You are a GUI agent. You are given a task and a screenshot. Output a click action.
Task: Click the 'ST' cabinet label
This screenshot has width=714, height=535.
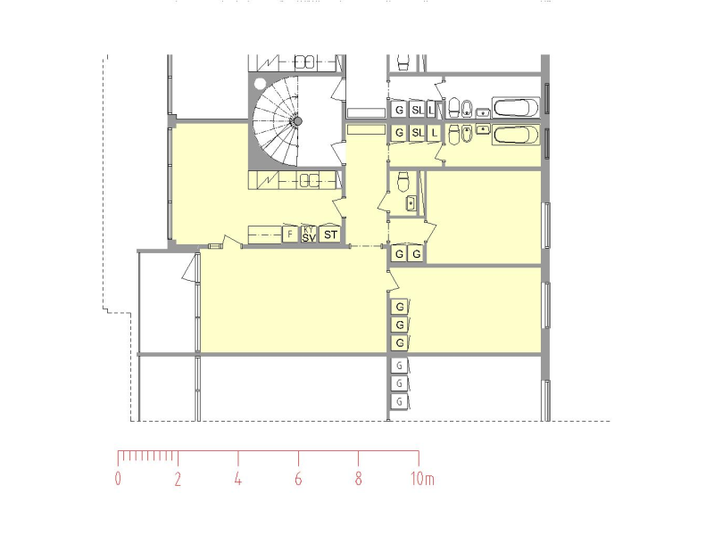330,235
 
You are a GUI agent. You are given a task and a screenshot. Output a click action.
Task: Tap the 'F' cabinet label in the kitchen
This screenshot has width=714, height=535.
289,235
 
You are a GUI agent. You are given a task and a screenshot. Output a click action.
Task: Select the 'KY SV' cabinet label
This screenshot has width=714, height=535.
309,234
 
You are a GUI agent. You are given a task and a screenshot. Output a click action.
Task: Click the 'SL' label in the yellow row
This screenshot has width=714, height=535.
417,133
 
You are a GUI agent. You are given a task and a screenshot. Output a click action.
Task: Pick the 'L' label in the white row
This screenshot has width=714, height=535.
433,110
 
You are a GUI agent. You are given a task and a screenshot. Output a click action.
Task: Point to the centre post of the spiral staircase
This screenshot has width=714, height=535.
298,120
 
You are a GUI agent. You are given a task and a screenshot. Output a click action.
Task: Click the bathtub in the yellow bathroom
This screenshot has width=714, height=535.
516,135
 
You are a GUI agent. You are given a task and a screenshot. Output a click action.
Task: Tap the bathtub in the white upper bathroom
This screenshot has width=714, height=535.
516,109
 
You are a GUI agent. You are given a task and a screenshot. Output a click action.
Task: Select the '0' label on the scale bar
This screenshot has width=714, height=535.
118,479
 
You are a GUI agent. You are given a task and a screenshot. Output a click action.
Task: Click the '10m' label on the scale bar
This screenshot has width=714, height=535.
422,479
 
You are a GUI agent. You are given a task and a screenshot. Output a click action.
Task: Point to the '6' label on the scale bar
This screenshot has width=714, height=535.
298,479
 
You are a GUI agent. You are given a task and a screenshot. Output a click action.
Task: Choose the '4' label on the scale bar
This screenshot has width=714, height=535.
238,479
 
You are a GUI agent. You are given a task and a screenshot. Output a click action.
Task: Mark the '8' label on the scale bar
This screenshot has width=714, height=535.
358,479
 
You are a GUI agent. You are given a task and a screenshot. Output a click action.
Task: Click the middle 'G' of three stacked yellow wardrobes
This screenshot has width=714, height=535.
400,325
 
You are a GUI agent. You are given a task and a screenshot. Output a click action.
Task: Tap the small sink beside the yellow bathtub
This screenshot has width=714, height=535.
483,129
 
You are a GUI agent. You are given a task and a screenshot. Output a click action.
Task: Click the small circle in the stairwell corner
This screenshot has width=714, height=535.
260,84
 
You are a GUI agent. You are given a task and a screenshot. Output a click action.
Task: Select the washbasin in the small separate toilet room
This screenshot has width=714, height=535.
410,203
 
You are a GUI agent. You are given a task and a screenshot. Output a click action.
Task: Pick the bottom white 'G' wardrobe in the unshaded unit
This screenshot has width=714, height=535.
400,401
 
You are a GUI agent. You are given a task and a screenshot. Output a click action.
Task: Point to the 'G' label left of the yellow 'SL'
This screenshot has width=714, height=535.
400,133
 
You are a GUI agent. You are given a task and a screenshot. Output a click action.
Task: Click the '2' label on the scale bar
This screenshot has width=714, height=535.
178,479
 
